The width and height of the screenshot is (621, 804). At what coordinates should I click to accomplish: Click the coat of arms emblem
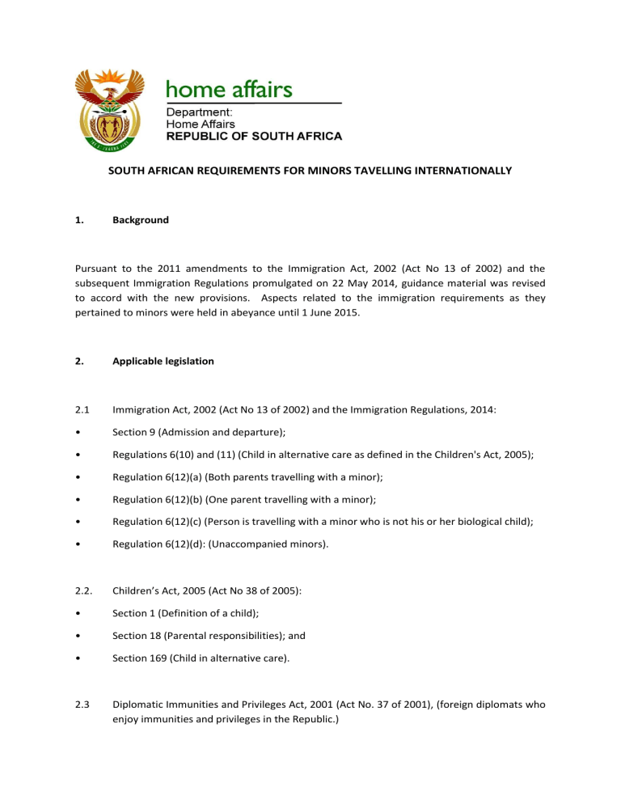pos(109,109)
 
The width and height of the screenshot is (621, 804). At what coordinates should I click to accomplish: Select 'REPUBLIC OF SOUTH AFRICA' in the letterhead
pos(254,137)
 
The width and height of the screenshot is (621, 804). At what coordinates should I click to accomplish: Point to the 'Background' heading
pos(141,219)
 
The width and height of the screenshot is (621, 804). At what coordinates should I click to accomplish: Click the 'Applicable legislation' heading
pos(163,361)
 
